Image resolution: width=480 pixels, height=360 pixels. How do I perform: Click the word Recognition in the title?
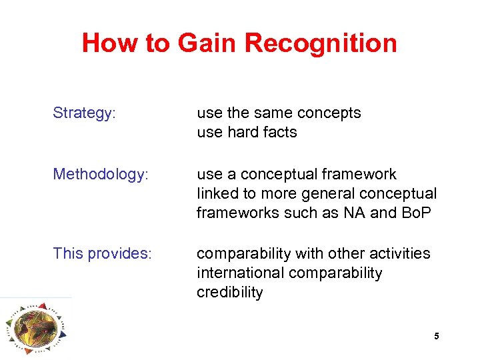(x=321, y=43)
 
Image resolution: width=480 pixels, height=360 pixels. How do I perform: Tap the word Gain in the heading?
(x=207, y=43)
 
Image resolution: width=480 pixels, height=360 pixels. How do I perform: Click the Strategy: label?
(x=85, y=113)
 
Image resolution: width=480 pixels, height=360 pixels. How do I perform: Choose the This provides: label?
(x=102, y=254)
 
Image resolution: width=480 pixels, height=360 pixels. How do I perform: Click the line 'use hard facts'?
(x=247, y=133)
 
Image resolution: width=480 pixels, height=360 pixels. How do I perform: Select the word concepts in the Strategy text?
(x=330, y=113)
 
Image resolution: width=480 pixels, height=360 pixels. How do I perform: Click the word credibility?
(x=230, y=293)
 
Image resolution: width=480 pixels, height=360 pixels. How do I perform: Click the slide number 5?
(x=437, y=337)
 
